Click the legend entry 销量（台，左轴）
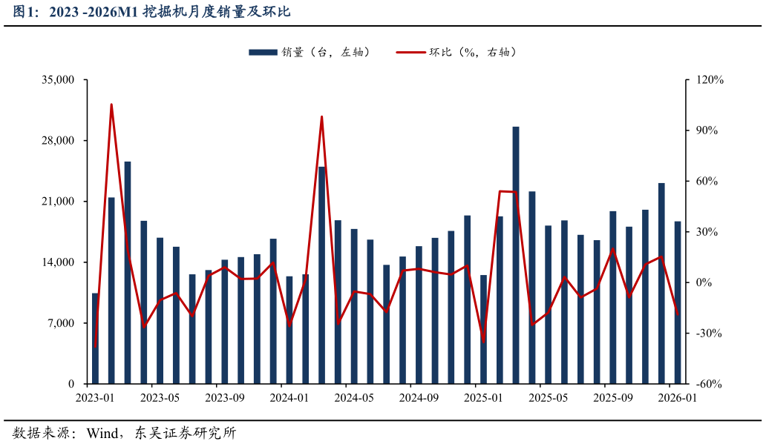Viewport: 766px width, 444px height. [309, 52]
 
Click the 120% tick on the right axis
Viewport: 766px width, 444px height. [710, 80]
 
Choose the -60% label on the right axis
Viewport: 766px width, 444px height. [709, 384]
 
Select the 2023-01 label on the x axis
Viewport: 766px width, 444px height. [95, 398]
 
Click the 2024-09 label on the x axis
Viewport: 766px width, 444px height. [419, 398]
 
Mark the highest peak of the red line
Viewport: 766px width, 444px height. [111, 105]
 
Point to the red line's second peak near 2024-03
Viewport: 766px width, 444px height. [321, 116]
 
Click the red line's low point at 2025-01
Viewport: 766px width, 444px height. [484, 342]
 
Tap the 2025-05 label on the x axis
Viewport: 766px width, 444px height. [548, 398]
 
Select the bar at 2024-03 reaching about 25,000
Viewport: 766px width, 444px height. [322, 275]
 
